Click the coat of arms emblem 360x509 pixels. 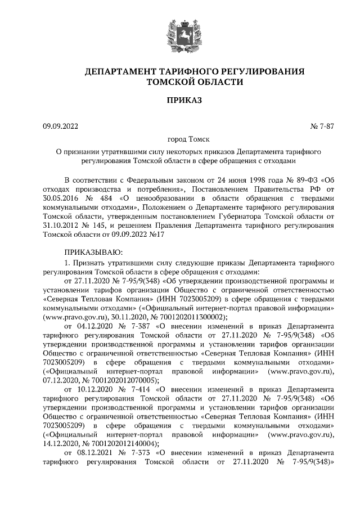(x=180, y=33)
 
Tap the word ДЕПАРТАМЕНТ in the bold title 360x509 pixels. (x=119, y=72)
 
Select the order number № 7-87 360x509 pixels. (x=322, y=127)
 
